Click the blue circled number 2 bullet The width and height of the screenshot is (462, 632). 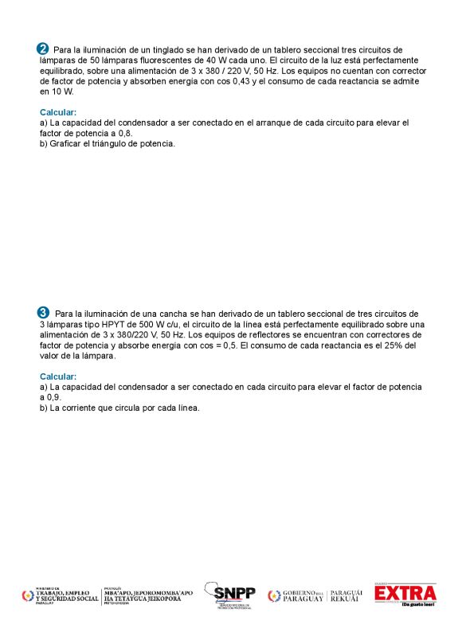[43, 49]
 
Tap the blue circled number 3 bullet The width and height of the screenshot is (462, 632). [43, 313]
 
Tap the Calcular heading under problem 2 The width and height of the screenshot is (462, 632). [58, 112]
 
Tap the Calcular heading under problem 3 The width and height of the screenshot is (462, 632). [58, 376]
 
